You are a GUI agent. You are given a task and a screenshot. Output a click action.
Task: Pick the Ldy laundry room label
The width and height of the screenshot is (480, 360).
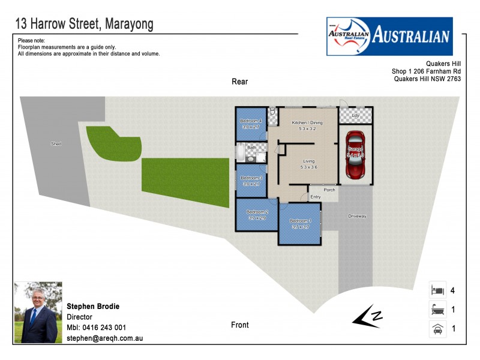coord(355,115)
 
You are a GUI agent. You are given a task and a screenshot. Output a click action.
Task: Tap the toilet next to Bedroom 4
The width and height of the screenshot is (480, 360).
coord(272,112)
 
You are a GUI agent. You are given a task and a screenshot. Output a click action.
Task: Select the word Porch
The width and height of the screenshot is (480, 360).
coord(329,190)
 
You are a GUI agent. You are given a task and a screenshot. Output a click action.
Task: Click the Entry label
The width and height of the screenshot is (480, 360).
coord(316,197)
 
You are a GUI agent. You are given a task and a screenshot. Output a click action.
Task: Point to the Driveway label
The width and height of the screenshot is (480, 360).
coord(357,216)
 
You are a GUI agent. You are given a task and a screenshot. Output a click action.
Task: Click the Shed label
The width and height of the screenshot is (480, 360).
coord(56,144)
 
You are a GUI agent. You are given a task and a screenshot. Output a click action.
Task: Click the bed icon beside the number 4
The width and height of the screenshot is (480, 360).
coord(437,290)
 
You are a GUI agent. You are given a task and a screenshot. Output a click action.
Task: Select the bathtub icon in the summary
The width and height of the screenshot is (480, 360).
coord(437,310)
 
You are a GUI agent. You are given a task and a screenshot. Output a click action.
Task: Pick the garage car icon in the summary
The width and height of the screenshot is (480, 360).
coord(437,329)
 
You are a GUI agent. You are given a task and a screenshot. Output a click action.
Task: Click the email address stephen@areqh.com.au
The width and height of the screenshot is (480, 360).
coord(104,338)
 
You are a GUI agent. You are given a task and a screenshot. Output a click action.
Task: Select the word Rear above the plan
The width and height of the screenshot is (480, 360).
coord(239,82)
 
